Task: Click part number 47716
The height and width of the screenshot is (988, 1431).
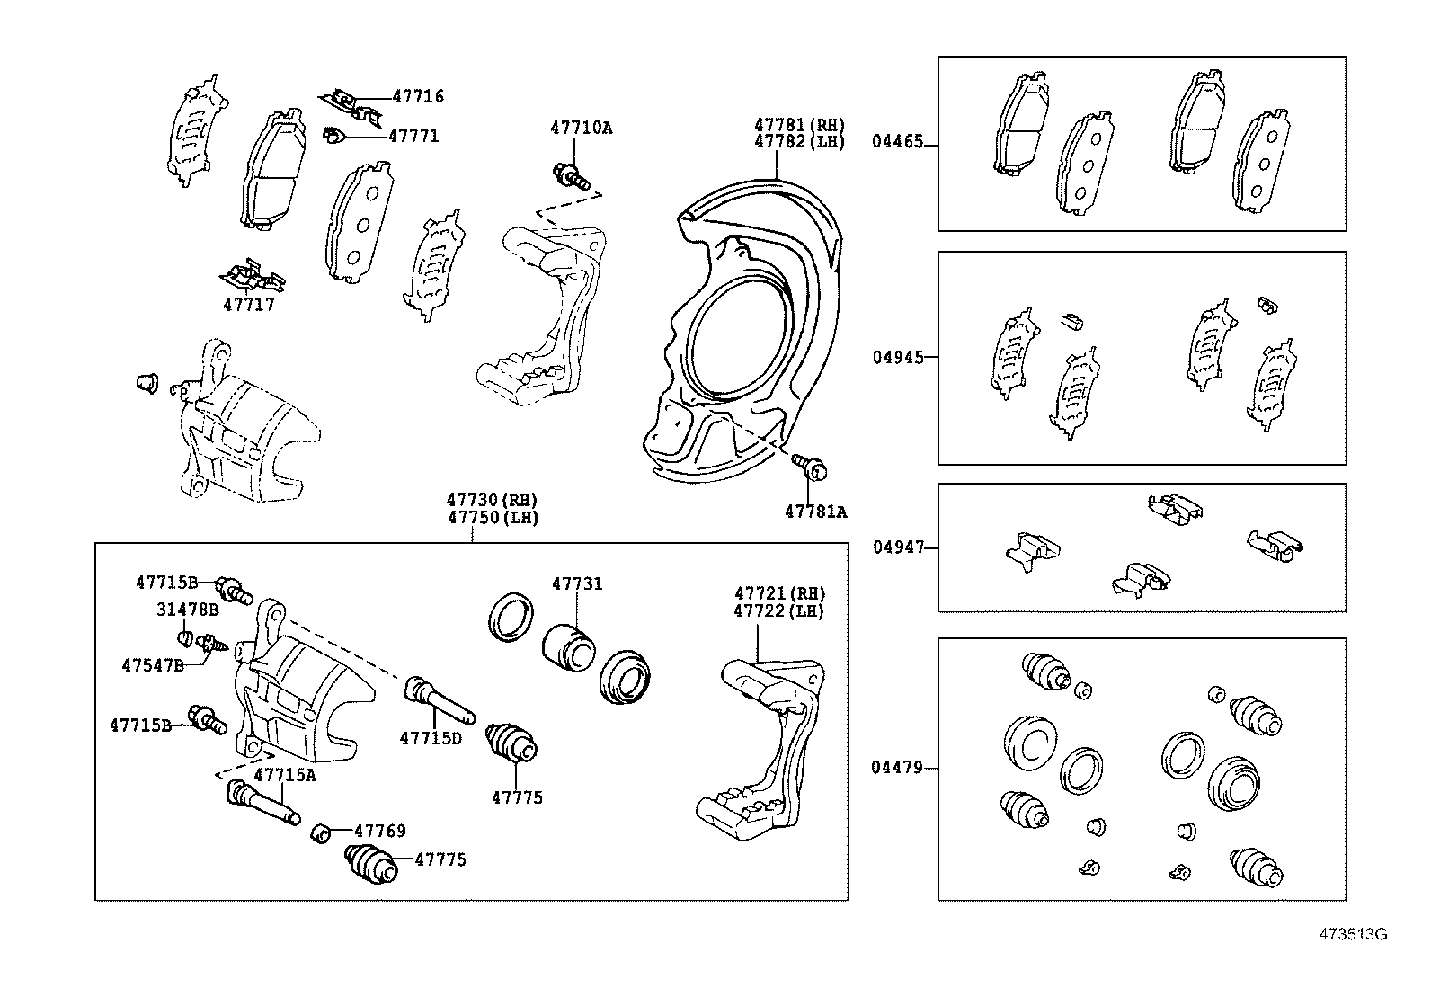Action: click(x=418, y=97)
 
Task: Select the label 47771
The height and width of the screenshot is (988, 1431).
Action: click(x=413, y=136)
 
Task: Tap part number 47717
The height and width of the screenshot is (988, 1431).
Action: click(x=249, y=305)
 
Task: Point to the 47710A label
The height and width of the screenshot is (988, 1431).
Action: click(x=581, y=128)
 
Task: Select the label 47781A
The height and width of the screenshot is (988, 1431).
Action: click(x=815, y=512)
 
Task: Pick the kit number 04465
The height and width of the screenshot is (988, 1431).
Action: click(x=897, y=144)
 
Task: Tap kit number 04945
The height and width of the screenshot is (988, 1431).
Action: click(x=897, y=357)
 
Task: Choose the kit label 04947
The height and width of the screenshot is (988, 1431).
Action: click(x=897, y=547)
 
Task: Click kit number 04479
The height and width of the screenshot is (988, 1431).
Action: click(x=897, y=768)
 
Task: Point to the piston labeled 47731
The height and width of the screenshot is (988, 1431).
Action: click(x=569, y=645)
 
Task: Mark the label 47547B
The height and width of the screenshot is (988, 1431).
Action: click(x=153, y=665)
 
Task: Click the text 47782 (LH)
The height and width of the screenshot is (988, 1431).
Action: click(x=799, y=142)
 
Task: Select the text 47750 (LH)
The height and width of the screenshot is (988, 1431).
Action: click(x=493, y=519)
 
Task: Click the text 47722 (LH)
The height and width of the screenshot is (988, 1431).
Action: click(x=779, y=610)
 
